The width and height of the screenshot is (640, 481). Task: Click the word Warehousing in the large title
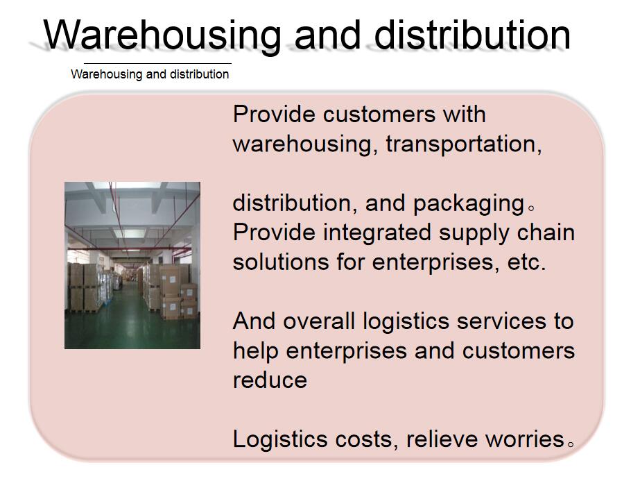pyautogui.click(x=162, y=35)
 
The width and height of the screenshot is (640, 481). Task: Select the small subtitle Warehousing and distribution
pyautogui.click(x=150, y=74)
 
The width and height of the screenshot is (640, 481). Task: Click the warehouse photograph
pyautogui.click(x=132, y=265)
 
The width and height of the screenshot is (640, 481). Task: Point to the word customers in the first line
pyautogui.click(x=379, y=114)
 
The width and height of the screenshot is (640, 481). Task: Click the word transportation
pyautogui.click(x=464, y=144)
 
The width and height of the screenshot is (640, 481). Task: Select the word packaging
pyautogui.click(x=469, y=204)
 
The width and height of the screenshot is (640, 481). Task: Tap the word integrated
pyautogui.click(x=377, y=233)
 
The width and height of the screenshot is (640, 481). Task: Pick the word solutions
pyautogui.click(x=281, y=262)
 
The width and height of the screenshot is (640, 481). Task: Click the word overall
pyautogui.click(x=319, y=321)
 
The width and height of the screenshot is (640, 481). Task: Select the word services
pyautogui.click(x=501, y=321)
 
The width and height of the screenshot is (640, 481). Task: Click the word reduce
pyautogui.click(x=270, y=380)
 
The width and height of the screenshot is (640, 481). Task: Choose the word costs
pyautogui.click(x=364, y=440)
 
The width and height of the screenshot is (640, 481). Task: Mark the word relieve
pyautogui.click(x=442, y=439)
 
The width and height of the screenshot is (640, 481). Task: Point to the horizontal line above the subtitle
pyautogui.click(x=157, y=63)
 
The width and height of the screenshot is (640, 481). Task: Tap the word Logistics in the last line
pyautogui.click(x=280, y=440)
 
